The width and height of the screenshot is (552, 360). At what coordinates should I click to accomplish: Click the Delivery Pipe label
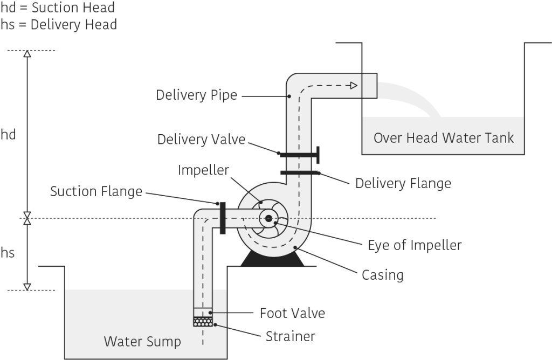point(196,95)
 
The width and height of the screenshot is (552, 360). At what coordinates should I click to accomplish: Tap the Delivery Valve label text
point(201,140)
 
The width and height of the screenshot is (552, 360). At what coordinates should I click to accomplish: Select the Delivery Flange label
point(403,183)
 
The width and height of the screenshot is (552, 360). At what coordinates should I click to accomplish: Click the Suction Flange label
point(96,191)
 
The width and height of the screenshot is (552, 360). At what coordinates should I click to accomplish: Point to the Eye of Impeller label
point(415,245)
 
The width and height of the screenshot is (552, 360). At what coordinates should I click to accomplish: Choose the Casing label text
point(382,275)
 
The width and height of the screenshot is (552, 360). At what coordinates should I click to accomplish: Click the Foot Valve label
point(292,313)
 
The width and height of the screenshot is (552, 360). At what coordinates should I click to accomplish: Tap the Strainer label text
point(290,337)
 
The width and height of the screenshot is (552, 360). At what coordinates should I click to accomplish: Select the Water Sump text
point(142,341)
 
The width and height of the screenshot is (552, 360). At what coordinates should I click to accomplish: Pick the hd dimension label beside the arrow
point(9,135)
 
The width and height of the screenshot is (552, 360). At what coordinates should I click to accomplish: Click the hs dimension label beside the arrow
point(8,253)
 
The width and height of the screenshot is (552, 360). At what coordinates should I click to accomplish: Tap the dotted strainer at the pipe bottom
point(203,322)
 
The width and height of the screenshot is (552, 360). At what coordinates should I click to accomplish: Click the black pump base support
point(272,260)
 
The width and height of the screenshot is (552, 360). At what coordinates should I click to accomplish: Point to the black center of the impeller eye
point(268,218)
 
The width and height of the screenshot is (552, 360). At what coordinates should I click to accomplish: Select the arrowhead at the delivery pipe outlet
point(353,85)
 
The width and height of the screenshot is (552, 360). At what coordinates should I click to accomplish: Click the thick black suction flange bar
point(222,218)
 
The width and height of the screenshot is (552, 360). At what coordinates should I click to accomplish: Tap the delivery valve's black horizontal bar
point(298,155)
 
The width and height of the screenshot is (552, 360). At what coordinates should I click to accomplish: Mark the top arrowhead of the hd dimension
point(27,53)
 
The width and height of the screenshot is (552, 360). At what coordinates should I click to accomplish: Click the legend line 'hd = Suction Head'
point(58,9)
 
